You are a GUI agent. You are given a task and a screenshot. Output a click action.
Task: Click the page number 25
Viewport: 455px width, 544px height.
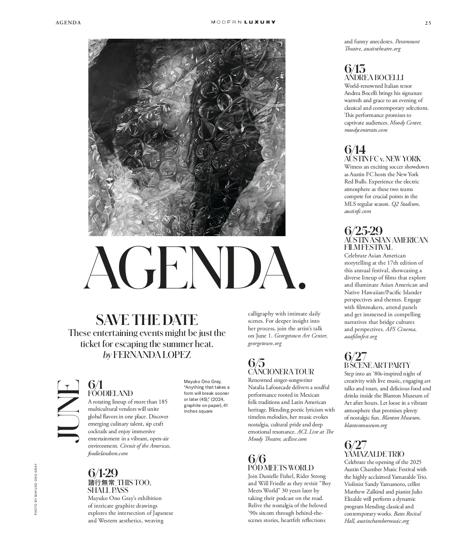[428, 23]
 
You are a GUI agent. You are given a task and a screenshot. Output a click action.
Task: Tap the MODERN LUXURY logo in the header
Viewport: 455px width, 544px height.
[243, 22]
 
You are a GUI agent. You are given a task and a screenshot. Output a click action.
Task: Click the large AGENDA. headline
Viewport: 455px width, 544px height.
[195, 268]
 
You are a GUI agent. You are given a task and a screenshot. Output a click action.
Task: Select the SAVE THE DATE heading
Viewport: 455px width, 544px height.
[147, 320]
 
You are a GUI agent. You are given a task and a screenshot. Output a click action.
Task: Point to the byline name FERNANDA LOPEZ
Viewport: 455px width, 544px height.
[152, 355]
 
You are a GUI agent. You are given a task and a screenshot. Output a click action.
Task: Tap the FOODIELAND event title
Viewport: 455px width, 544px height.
[110, 393]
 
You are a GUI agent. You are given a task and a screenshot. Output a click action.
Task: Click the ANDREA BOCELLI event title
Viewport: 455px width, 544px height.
[373, 77]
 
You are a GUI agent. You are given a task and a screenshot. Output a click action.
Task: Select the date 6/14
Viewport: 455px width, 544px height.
[355, 150]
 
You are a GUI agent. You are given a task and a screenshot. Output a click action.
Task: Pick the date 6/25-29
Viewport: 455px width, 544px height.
[363, 230]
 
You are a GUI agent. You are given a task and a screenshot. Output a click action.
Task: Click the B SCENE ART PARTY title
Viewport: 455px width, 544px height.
[377, 365]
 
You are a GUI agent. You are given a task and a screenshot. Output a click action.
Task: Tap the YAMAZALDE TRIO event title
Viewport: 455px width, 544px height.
[374, 454]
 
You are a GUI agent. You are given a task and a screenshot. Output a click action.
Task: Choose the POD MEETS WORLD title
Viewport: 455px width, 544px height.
[281, 468]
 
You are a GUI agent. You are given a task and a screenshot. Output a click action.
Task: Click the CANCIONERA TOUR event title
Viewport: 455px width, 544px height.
[281, 371]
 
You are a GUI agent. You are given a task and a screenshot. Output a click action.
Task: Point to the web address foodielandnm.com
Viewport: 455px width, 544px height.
[108, 453]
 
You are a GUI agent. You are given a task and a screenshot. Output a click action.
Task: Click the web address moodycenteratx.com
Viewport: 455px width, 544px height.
[366, 130]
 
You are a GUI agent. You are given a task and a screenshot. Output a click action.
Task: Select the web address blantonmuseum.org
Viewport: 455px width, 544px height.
[366, 425]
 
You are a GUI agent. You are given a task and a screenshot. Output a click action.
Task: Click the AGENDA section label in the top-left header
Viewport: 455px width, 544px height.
[68, 23]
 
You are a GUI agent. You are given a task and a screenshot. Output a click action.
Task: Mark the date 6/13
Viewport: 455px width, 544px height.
[355, 69]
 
